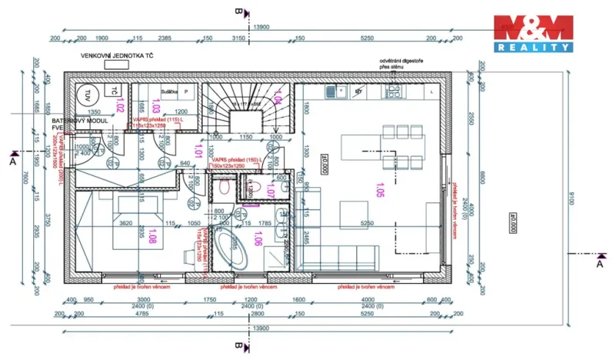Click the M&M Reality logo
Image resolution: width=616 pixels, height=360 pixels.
click(533, 34)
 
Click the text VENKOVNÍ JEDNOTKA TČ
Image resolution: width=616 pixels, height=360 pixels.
click(117, 56)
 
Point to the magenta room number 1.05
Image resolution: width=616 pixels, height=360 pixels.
click(378, 188)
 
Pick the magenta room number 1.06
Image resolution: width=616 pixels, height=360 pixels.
click(258, 240)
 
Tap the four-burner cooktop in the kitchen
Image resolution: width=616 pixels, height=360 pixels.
click(393, 90)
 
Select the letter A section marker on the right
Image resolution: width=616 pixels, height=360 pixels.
click(600, 264)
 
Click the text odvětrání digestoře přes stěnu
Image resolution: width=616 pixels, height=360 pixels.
click(398, 64)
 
